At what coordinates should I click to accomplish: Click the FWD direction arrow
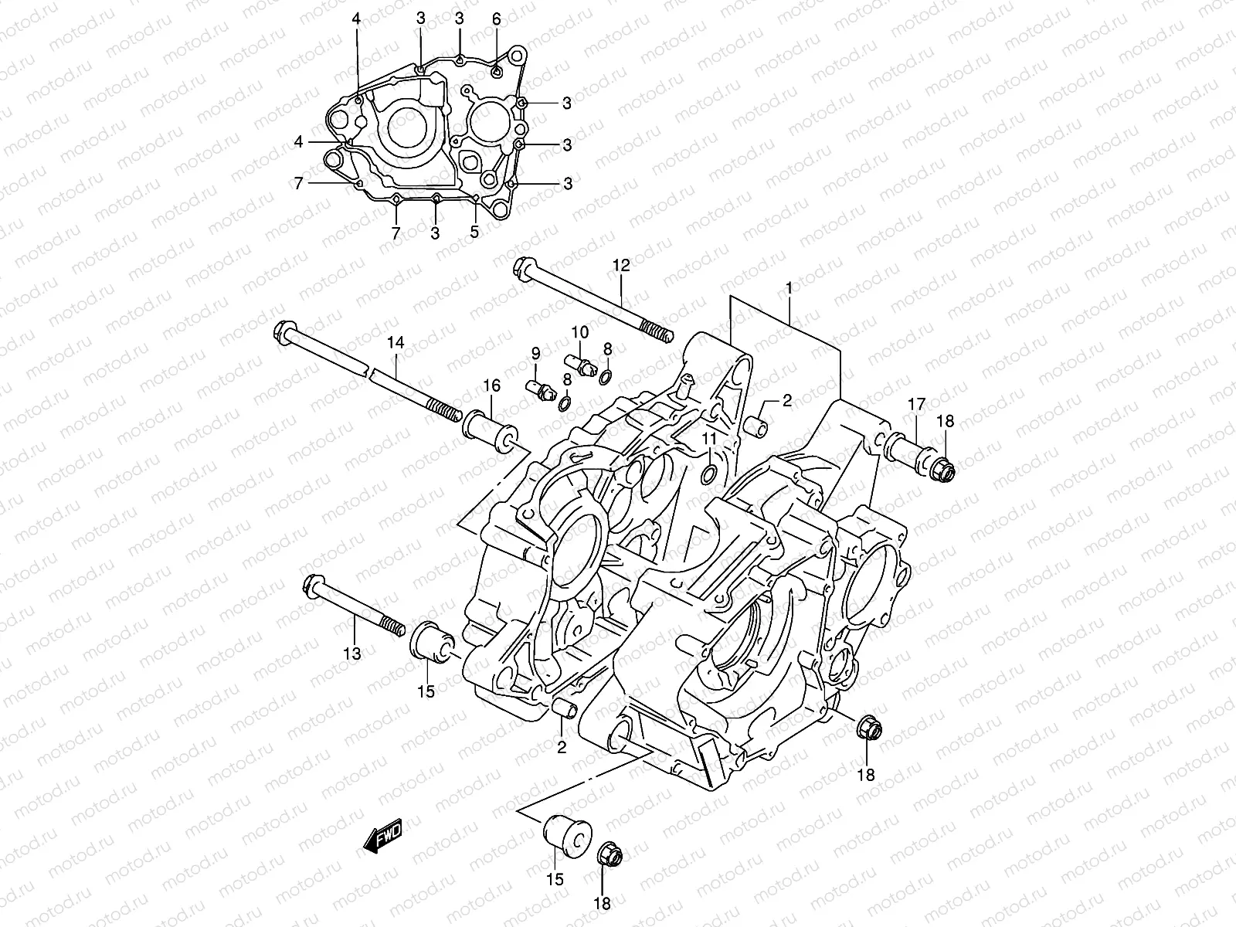pos(383,835)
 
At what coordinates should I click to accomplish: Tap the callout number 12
pos(621,265)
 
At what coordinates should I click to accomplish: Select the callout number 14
pos(396,342)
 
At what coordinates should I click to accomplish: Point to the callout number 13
pos(352,654)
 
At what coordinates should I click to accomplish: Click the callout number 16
pos(491,385)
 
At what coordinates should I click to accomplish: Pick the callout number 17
pos(916,404)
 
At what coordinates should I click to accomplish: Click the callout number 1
pos(789,288)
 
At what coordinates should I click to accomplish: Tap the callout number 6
pos(496,19)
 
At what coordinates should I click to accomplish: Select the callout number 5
pos(474,231)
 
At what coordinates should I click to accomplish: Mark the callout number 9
pos(535,354)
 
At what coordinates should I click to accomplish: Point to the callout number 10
pos(579,332)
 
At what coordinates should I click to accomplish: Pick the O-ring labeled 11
pos(709,474)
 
